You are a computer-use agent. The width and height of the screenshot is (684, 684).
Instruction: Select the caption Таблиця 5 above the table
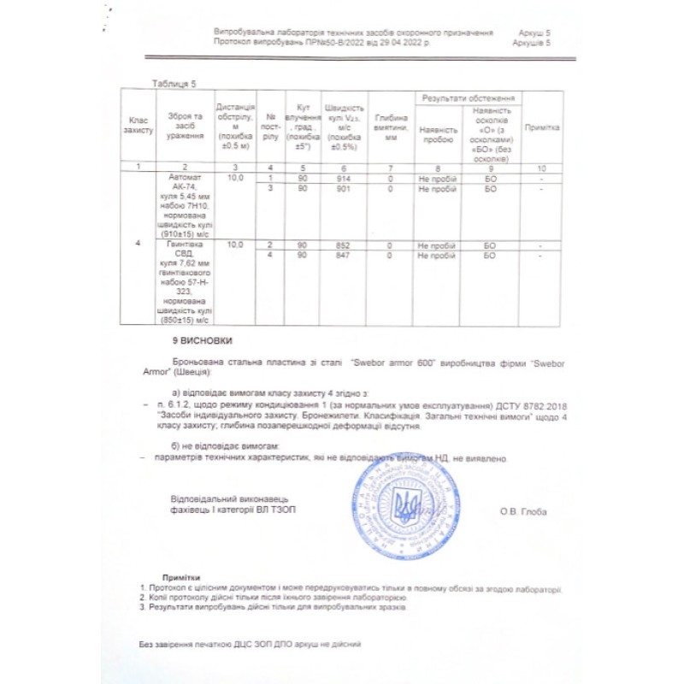[x=174, y=83]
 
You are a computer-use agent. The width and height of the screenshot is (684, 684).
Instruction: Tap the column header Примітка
[x=542, y=127]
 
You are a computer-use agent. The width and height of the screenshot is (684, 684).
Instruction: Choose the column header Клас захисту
[x=139, y=127]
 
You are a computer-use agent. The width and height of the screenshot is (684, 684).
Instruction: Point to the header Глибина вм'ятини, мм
[x=391, y=127]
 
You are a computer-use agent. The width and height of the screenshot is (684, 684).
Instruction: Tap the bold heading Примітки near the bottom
[x=180, y=577]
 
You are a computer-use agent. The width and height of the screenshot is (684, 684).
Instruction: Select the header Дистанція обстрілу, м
[x=236, y=123]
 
